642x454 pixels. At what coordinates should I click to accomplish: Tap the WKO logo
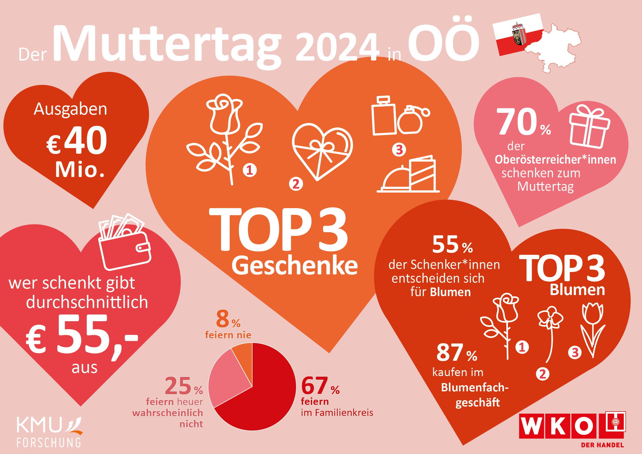(x=572, y=428)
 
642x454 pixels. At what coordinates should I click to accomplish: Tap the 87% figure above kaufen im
(x=456, y=353)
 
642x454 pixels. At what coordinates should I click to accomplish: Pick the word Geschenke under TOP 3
(x=294, y=266)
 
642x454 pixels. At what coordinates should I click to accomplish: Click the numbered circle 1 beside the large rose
(x=249, y=170)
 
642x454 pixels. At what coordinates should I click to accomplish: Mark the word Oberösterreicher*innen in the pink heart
(x=555, y=160)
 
